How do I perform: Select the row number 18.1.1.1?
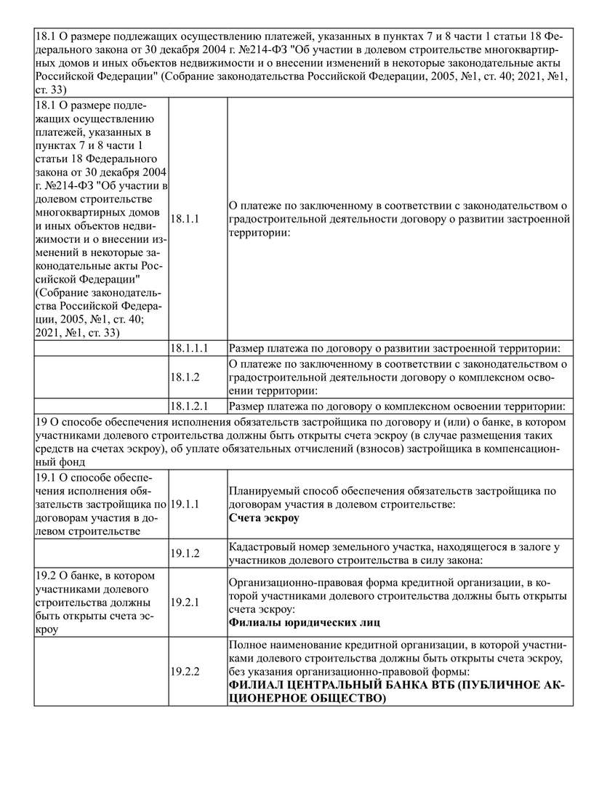[189, 348]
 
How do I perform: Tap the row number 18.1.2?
[185, 377]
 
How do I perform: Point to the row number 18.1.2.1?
[189, 406]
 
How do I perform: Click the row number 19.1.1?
[185, 504]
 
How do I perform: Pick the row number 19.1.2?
[185, 553]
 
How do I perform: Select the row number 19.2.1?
[185, 603]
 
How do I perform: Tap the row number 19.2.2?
[185, 671]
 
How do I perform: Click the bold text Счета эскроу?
[263, 518]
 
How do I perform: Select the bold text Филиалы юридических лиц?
[304, 623]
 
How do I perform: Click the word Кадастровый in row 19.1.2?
[259, 546]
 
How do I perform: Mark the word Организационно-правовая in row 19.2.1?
[289, 582]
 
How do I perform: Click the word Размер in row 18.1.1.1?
[246, 348]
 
